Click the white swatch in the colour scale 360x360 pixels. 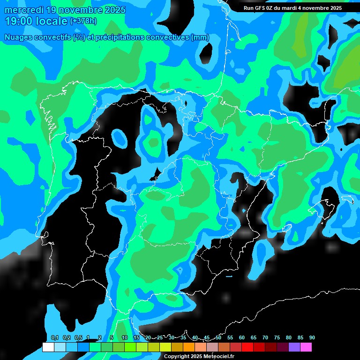tap(48, 347)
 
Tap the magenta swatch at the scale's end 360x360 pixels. tap(306, 347)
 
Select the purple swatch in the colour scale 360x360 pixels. tap(294, 347)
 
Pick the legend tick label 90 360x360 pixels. tap(312, 337)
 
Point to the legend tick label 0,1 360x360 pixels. tap(55, 337)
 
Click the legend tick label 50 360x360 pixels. tap(218, 337)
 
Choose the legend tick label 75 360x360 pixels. tap(277, 337)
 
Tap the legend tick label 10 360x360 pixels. tap(125, 337)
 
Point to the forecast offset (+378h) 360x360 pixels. tap(84, 21)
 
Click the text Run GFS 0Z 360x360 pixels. tap(260, 8)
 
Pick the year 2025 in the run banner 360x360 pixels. tap(333, 8)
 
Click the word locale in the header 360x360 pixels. tap(52, 21)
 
